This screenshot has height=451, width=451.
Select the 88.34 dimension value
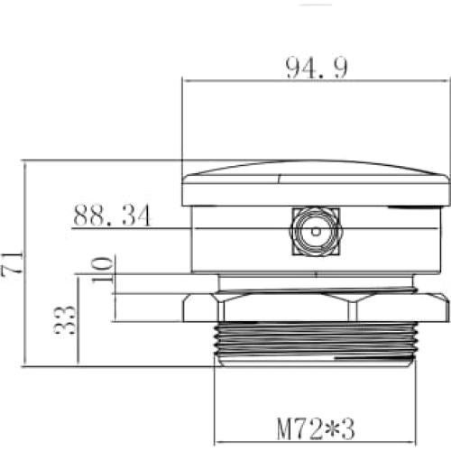[x=112, y=216]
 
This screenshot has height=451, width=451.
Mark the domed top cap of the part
[x=315, y=171]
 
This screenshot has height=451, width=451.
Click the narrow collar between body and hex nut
[x=315, y=282]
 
